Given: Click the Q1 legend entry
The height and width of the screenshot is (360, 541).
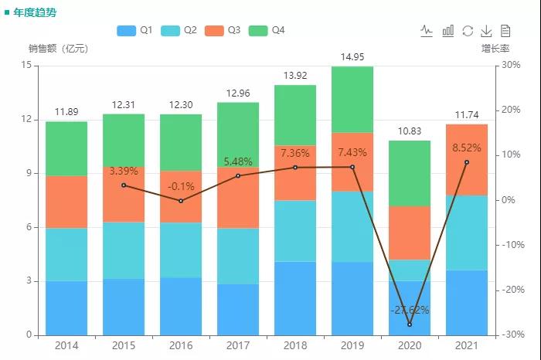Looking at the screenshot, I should [x=134, y=30].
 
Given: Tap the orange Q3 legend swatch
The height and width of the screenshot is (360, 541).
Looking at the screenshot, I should [x=214, y=30].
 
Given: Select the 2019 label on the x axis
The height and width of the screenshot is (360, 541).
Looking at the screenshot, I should [x=352, y=345].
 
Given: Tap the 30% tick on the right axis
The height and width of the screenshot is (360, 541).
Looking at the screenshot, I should [x=510, y=66].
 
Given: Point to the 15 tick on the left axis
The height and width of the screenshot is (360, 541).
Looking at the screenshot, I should [x=27, y=66].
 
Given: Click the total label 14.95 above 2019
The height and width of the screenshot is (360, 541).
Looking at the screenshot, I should [x=352, y=57].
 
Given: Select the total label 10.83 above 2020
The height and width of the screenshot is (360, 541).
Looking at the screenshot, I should [x=410, y=131].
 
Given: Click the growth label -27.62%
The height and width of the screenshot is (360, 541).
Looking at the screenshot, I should [x=410, y=310].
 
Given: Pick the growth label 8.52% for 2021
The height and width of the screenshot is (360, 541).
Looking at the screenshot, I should [x=467, y=147].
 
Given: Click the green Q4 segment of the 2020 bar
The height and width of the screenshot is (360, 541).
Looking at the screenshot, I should [x=410, y=173].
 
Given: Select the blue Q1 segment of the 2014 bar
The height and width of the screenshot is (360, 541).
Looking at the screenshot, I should [x=66, y=307].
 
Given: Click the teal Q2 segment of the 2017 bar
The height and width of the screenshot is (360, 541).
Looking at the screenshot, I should [x=238, y=256].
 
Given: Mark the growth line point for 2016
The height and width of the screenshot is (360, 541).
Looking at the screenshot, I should [x=181, y=201].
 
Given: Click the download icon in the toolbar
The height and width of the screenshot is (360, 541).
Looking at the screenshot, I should [x=487, y=31].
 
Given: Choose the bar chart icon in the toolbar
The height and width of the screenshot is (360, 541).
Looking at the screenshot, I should [x=448, y=31].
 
